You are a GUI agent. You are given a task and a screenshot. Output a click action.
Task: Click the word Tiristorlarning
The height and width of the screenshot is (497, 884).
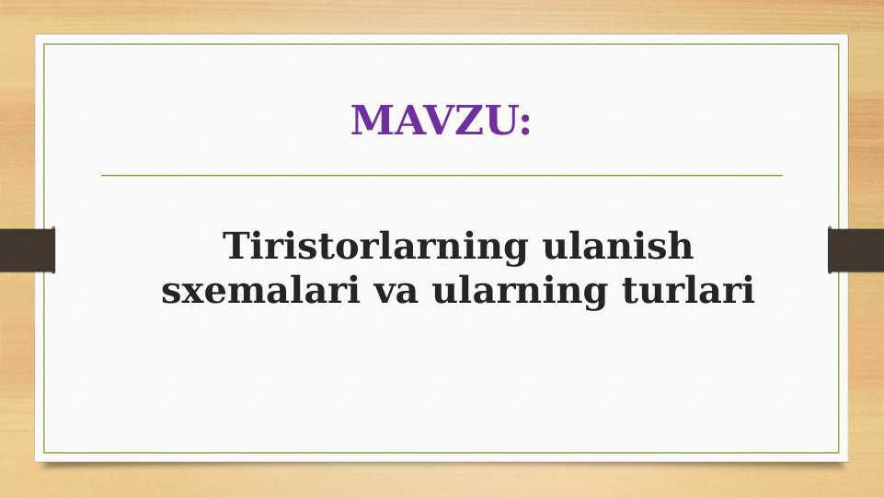coord(375,247)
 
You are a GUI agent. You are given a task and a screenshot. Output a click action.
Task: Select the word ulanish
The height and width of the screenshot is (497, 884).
coord(618,247)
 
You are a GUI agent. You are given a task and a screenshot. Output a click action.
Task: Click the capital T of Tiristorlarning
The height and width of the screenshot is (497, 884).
coord(237,247)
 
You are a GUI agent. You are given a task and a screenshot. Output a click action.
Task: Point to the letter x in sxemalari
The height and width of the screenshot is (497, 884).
coord(189,294)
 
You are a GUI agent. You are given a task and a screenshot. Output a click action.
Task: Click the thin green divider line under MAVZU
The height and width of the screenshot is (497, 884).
coord(442,175)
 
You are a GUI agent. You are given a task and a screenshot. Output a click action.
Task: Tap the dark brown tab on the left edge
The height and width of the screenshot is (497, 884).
coord(27,250)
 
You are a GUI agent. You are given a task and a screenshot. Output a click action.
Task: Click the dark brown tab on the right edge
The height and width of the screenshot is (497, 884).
coord(855,250)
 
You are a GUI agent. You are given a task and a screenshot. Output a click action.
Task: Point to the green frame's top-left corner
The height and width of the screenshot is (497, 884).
coord(44,44)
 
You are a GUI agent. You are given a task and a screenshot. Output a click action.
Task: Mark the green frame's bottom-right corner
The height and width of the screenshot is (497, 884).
coord(839,453)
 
